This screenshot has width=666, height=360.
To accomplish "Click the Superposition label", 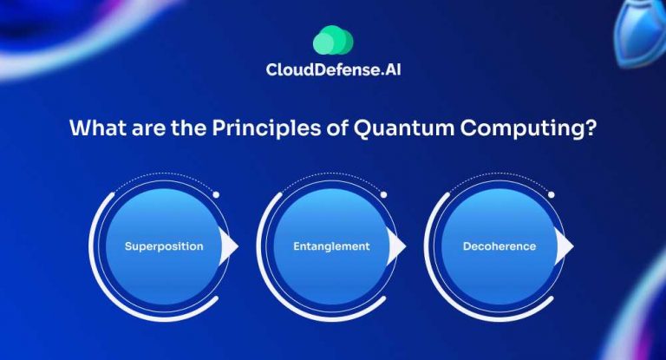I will (164, 246).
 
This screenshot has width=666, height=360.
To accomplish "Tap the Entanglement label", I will (330, 246).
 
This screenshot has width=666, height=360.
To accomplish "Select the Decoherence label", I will (499, 246).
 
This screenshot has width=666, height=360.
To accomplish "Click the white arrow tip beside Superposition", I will (230, 247).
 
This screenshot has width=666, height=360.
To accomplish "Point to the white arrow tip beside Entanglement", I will (397, 247).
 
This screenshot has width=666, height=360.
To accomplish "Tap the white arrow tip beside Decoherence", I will (565, 247).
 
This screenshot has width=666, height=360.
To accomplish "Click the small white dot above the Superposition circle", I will (216, 194).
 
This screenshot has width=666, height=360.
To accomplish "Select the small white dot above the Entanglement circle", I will (383, 194).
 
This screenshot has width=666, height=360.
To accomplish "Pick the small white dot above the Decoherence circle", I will (551, 194).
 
